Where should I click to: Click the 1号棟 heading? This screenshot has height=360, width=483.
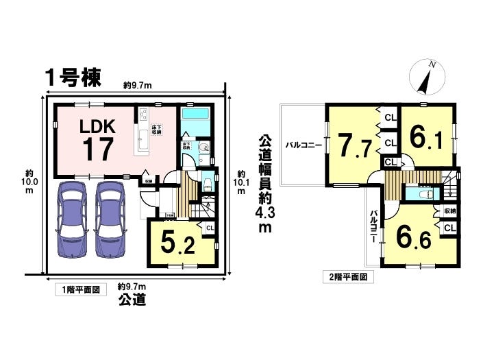tap(73, 77)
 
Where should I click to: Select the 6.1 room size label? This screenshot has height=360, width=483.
tap(427, 139)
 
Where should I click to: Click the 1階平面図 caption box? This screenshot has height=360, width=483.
tap(80, 290)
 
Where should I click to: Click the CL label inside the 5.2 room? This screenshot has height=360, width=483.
tap(210, 228)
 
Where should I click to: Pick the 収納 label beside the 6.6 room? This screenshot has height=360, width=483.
tap(449, 212)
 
